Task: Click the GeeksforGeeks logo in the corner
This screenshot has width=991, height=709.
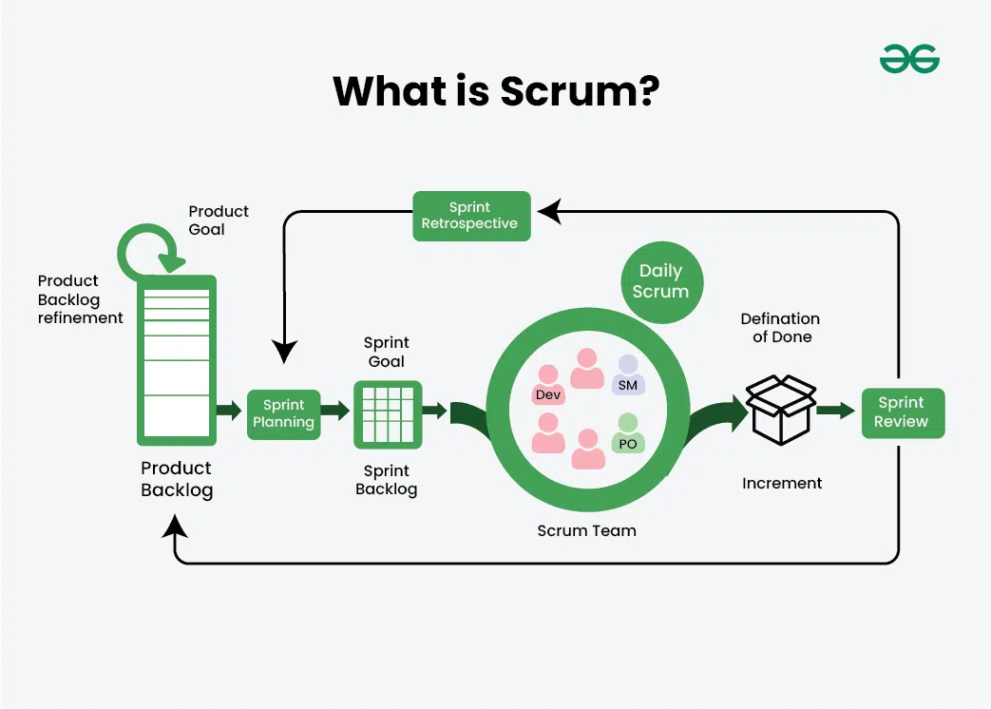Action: [x=909, y=59]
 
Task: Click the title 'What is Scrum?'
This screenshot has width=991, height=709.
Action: [x=496, y=91]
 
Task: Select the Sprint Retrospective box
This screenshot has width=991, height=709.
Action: [x=471, y=216]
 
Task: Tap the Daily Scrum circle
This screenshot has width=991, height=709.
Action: [x=661, y=281]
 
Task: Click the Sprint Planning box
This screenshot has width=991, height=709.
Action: [x=283, y=414]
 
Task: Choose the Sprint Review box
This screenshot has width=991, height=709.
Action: [x=902, y=412]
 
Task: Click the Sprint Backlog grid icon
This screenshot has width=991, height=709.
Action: [x=387, y=414]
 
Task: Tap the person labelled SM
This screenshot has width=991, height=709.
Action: [x=627, y=375]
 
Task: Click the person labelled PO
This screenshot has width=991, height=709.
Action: [x=627, y=434]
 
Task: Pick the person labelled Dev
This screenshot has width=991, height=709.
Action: [x=548, y=385]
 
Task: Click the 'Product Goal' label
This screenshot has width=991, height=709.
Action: [x=218, y=220]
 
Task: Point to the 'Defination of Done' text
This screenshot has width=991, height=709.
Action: [x=781, y=327]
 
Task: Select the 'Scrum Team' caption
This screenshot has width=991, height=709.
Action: [x=586, y=530]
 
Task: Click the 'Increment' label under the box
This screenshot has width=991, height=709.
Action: [x=782, y=483]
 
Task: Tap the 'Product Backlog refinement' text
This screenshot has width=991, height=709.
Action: [x=80, y=299]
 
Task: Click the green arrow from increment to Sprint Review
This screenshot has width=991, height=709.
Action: [x=835, y=411]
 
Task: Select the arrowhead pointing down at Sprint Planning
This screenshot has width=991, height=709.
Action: [x=284, y=351]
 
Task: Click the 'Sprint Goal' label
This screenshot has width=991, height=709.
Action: [x=387, y=351]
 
